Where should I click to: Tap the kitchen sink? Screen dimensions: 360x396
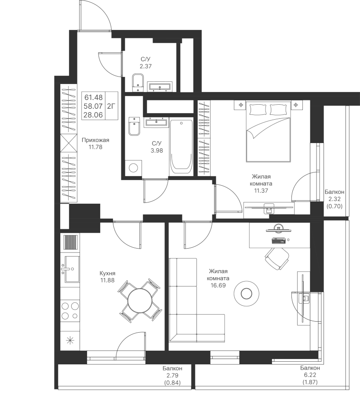[x=72, y=269]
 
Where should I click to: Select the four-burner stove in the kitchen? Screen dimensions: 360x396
[x=70, y=311]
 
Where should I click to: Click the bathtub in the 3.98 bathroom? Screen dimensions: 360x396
[x=182, y=147]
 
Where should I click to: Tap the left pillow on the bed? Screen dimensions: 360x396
[x=258, y=110]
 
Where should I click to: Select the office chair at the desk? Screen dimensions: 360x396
[x=276, y=258]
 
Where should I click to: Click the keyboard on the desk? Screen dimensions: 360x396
[x=279, y=241]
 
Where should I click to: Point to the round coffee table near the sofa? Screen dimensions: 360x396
[x=246, y=293]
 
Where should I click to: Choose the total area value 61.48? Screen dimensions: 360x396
[x=94, y=97]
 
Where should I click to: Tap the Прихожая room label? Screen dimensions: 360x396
[x=95, y=140]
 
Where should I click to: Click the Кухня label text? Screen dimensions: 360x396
[x=107, y=273]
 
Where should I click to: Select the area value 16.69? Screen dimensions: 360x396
[x=218, y=286]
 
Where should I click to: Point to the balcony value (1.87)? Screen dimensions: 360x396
[x=310, y=382]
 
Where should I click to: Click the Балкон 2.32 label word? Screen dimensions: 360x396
[x=335, y=192]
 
